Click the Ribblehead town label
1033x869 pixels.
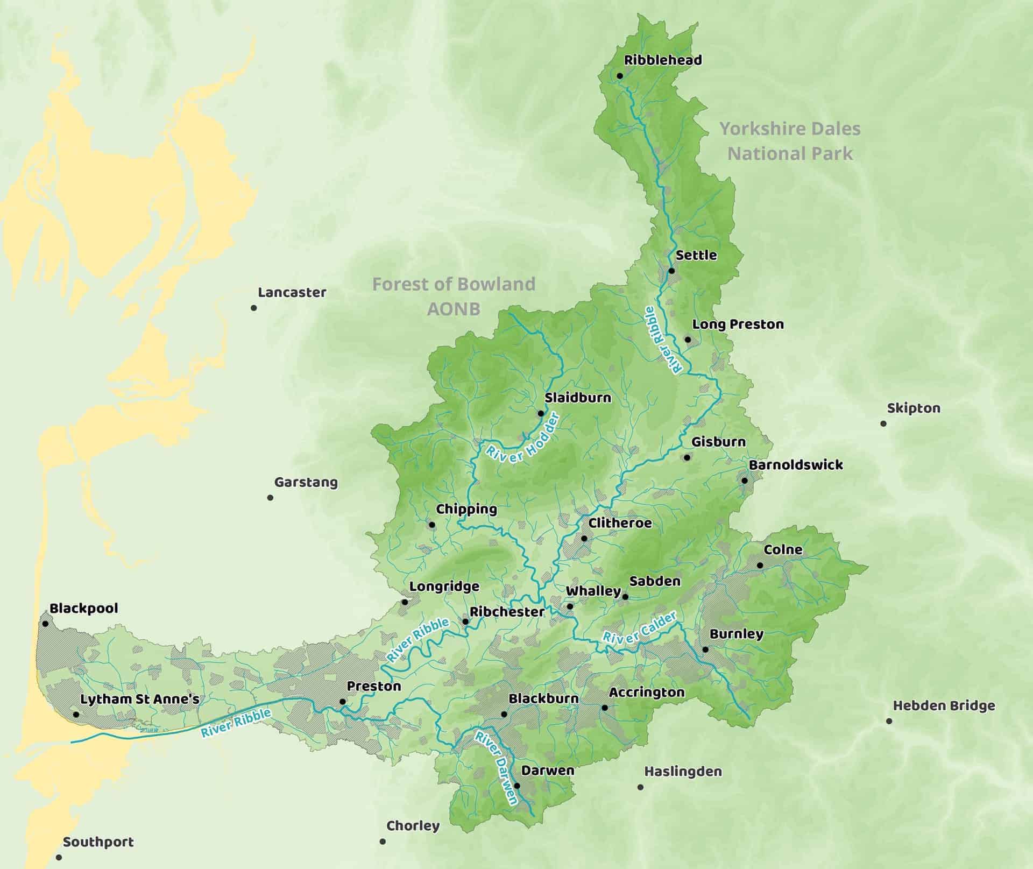pos(663,60)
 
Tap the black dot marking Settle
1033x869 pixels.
pos(671,271)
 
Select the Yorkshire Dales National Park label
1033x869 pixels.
pos(790,141)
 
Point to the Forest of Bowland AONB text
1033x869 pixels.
pos(454,296)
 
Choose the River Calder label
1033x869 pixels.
pos(639,628)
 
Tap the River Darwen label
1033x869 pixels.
pos(496,767)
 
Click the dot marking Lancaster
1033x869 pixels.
pos(254,308)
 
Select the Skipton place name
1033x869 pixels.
pos(914,408)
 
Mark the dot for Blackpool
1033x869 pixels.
pos(45,624)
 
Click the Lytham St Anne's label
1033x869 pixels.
pos(140,699)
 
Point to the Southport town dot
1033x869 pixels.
pos(59,857)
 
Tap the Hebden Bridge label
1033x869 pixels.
pos(944,705)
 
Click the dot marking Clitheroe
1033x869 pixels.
pos(584,538)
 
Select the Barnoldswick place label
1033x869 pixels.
pos(795,464)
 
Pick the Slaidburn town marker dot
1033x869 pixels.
pos(541,413)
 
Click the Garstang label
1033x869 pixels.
pos(306,482)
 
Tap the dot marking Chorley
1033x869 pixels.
pos(383,841)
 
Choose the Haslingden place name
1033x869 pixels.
pos(683,771)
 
